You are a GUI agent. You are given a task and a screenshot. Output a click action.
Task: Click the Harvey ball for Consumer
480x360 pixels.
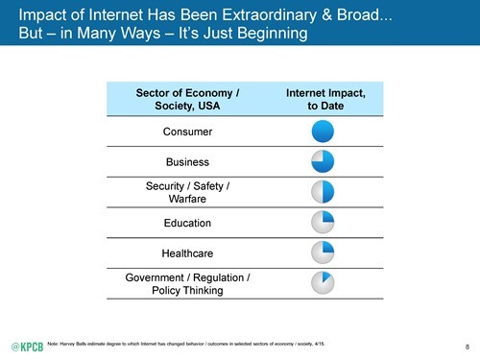[323, 132]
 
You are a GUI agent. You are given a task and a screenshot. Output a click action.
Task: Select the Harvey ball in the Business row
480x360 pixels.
[323, 161]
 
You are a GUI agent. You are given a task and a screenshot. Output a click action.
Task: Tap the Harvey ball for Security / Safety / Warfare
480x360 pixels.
[323, 192]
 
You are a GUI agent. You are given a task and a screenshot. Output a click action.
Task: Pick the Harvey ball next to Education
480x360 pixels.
[323, 223]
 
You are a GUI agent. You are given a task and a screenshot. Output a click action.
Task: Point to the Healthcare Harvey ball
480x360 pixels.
[323, 253]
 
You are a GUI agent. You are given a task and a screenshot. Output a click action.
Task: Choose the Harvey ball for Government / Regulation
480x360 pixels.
[323, 284]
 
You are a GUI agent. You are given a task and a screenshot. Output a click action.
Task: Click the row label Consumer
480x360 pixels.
[188, 132]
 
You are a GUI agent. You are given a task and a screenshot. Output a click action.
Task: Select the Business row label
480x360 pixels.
[188, 162]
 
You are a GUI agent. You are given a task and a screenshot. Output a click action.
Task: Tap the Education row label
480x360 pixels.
[188, 223]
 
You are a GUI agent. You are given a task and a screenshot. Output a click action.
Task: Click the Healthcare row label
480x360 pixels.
[188, 253]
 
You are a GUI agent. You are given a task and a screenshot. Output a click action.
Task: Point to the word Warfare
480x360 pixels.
[188, 200]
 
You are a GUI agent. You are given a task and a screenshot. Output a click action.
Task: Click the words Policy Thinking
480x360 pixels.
[188, 291]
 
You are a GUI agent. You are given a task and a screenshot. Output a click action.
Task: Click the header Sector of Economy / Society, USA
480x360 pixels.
[188, 99]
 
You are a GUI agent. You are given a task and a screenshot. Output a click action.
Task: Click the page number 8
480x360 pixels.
[466, 345]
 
